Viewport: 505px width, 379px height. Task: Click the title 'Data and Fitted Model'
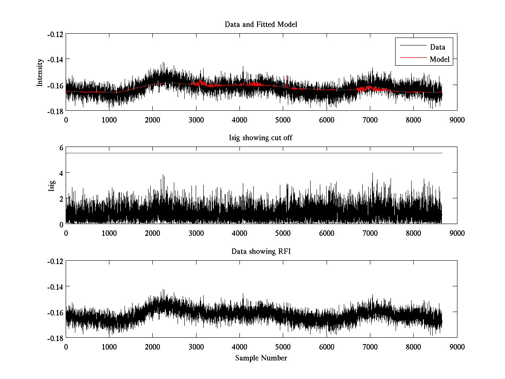(x=261, y=24)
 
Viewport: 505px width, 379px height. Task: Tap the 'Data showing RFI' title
(x=261, y=252)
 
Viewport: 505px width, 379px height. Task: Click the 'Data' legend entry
(x=437, y=47)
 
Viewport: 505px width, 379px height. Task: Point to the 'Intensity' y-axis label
(x=40, y=72)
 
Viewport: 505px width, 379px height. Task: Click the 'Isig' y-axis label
(x=52, y=185)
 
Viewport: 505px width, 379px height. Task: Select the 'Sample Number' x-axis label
(x=261, y=358)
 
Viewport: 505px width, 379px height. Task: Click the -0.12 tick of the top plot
(x=55, y=34)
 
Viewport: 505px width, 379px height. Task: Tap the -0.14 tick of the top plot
(x=55, y=59)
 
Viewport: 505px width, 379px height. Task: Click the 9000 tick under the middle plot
(x=457, y=233)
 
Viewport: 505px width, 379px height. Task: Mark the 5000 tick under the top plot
(x=283, y=120)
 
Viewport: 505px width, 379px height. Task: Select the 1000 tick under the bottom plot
(x=109, y=347)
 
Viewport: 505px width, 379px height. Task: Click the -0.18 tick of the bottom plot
(x=55, y=338)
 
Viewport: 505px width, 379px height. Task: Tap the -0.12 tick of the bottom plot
(x=55, y=262)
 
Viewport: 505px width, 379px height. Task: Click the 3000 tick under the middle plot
(x=196, y=233)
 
